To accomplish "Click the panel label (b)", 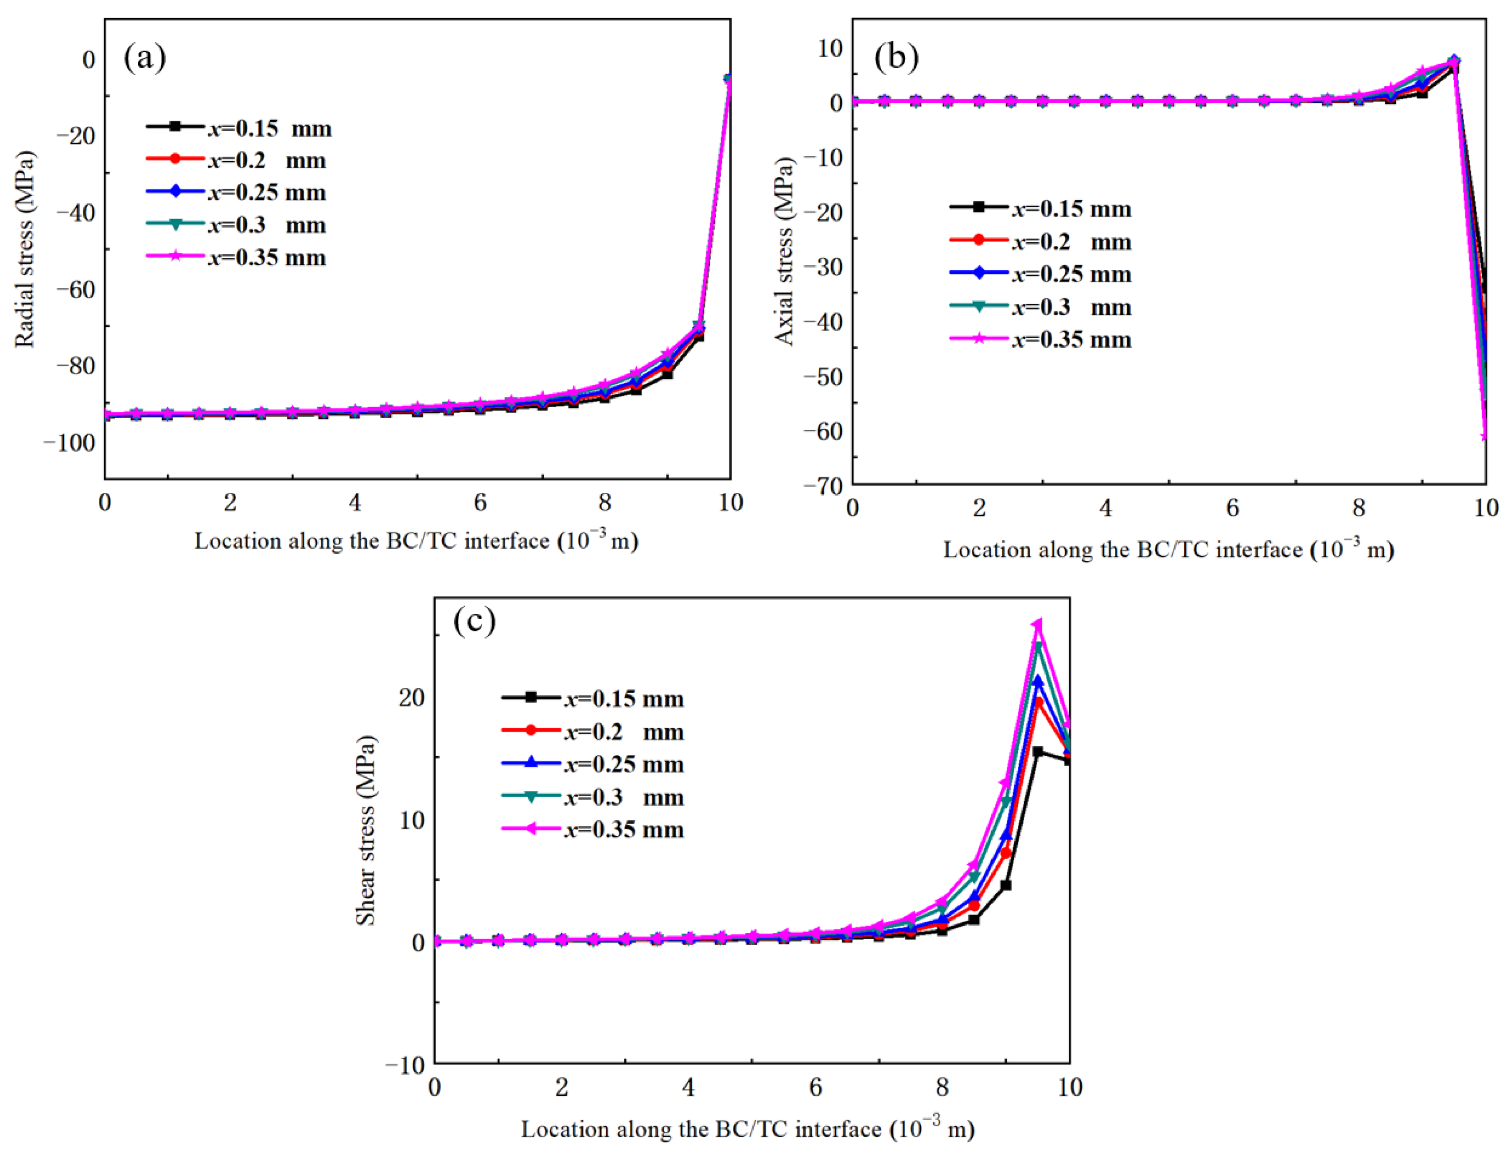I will click(x=896, y=58).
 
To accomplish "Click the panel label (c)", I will click(x=474, y=621).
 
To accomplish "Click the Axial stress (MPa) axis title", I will click(x=783, y=252).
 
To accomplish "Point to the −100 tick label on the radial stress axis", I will click(x=69, y=443).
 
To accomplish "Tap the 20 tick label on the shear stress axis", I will click(x=412, y=698).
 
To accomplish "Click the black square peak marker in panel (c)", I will click(x=1038, y=752).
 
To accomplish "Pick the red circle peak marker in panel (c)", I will click(x=1038, y=702).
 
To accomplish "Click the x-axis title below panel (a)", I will click(x=417, y=541).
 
